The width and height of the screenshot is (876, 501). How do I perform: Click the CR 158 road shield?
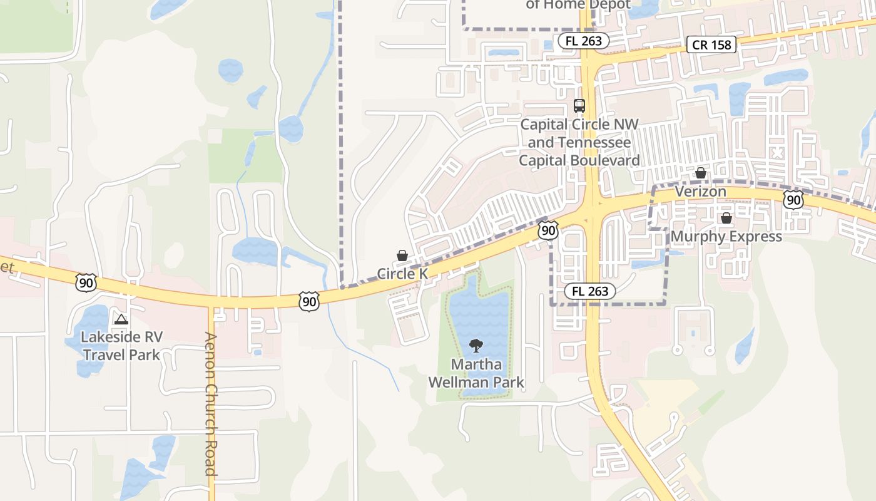(x=711, y=44)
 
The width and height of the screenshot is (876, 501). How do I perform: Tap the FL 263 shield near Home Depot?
(x=583, y=41)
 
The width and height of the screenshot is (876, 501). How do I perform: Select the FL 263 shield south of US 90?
(x=590, y=291)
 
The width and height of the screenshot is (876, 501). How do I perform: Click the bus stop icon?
(x=579, y=106)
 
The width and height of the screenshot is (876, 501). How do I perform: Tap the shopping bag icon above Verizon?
(x=701, y=173)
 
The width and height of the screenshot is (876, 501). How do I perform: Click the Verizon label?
(x=700, y=191)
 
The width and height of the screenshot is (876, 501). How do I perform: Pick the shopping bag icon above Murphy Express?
(x=726, y=218)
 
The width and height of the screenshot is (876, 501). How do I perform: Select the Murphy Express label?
(x=726, y=236)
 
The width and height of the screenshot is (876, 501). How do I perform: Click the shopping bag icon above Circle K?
(x=402, y=256)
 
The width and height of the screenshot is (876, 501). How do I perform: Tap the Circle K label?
(x=402, y=274)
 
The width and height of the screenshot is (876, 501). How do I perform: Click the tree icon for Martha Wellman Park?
(x=476, y=345)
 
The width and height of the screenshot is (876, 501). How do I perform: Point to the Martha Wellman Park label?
(x=476, y=373)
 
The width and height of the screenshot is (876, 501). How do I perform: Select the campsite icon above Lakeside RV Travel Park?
(x=121, y=319)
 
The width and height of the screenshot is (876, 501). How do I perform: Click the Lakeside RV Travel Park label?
(x=121, y=346)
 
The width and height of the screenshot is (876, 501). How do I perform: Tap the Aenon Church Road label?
(x=211, y=404)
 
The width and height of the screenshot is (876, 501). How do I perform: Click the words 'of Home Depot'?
(x=578, y=4)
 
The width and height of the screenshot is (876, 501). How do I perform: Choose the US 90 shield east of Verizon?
(x=793, y=200)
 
